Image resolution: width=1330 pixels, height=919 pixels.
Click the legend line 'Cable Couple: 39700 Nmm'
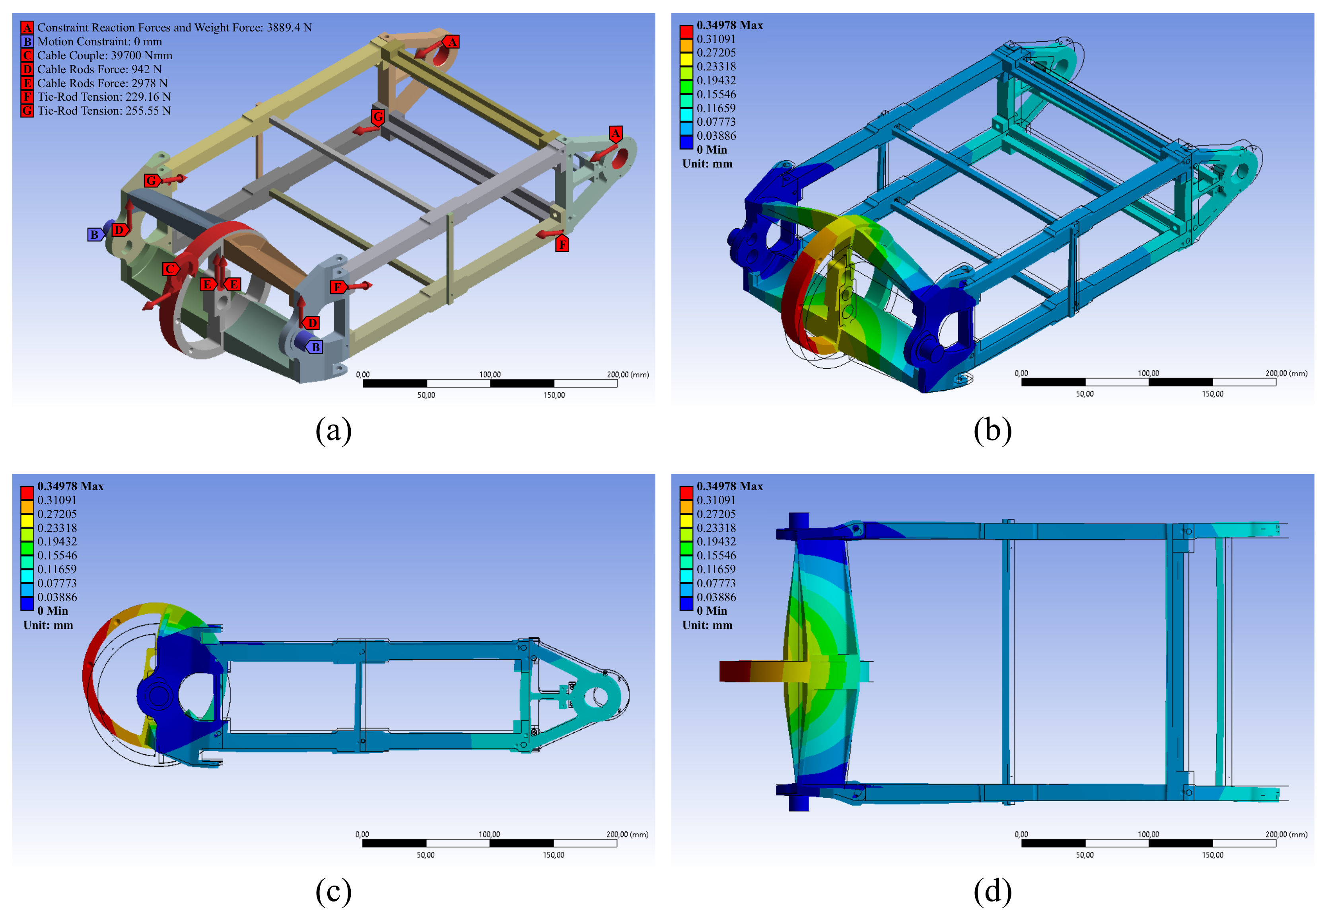tap(105, 55)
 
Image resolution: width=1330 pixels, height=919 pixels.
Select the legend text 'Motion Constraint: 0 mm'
tap(99, 41)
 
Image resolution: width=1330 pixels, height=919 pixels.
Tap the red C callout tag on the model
tap(170, 269)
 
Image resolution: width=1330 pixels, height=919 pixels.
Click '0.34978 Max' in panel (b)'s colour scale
tap(730, 25)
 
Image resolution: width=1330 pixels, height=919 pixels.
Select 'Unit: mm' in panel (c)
tap(49, 625)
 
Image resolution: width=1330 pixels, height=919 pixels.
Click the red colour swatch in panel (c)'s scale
tap(27, 493)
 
